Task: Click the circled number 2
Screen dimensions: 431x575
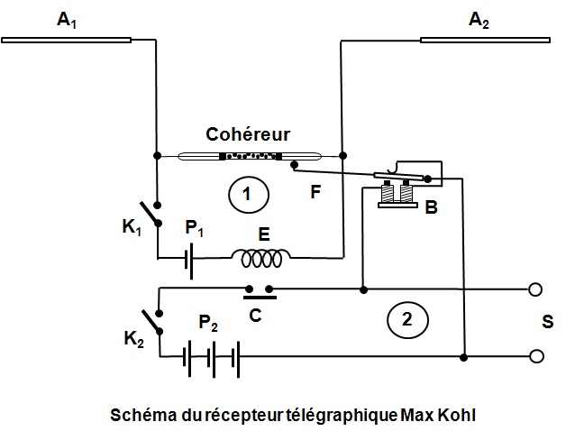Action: [405, 318]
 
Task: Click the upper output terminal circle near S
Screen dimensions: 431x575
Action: [537, 290]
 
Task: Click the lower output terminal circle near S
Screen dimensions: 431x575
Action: [537, 357]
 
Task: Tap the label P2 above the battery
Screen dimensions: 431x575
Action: [209, 326]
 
